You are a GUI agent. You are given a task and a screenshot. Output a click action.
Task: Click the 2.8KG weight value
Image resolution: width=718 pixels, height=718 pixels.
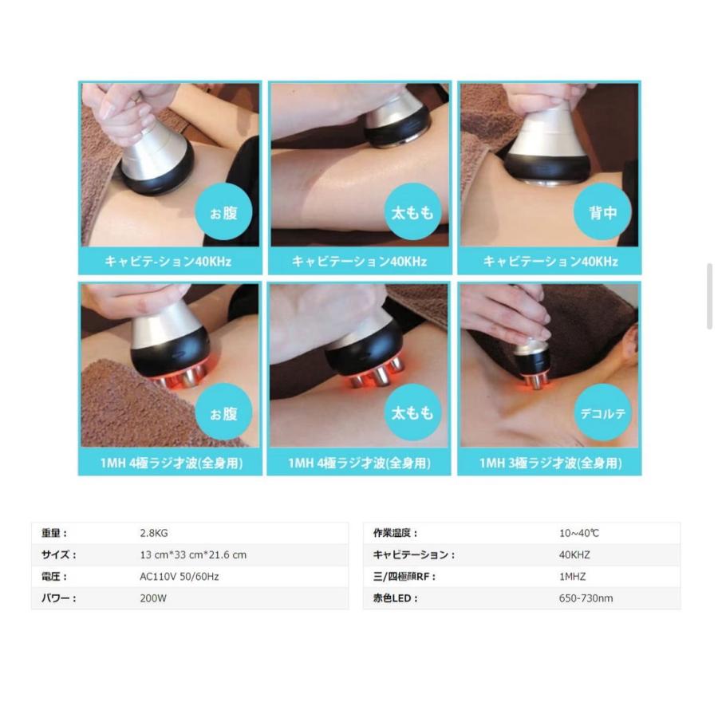(154, 533)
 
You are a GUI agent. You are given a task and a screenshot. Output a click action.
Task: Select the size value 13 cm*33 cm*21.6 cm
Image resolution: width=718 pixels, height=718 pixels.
(193, 554)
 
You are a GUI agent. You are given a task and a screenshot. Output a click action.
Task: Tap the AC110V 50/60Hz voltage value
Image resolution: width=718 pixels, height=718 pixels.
(179, 577)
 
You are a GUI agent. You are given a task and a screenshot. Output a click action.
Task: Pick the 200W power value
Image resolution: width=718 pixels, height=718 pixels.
(153, 598)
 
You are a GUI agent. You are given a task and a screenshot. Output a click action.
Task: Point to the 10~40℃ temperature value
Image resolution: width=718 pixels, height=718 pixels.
(579, 533)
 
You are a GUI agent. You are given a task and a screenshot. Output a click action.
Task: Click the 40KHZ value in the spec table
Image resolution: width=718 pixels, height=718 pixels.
(574, 554)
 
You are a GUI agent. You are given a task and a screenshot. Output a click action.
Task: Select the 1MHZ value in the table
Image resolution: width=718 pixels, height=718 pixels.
(572, 577)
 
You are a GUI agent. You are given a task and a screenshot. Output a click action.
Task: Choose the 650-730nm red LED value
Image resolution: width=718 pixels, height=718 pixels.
(586, 598)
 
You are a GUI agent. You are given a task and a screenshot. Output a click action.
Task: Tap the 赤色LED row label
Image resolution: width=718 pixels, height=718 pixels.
(395, 598)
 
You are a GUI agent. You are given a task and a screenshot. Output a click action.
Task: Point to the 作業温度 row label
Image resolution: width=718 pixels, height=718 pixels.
(395, 533)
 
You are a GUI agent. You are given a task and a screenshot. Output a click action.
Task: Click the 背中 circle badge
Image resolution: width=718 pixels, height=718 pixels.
(602, 212)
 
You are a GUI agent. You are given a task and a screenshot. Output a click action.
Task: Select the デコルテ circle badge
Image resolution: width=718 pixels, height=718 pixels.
(602, 413)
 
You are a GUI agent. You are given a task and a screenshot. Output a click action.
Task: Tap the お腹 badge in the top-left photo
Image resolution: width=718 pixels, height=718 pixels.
(223, 212)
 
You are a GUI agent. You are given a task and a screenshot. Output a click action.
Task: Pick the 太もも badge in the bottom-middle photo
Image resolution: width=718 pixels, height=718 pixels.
(412, 413)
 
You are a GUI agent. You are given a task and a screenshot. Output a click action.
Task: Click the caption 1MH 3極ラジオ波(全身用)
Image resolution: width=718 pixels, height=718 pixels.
(550, 463)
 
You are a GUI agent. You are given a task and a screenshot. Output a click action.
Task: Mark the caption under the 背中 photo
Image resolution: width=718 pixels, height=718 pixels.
(550, 262)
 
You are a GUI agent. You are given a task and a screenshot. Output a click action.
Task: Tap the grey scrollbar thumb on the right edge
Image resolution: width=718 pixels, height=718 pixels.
(710, 296)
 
